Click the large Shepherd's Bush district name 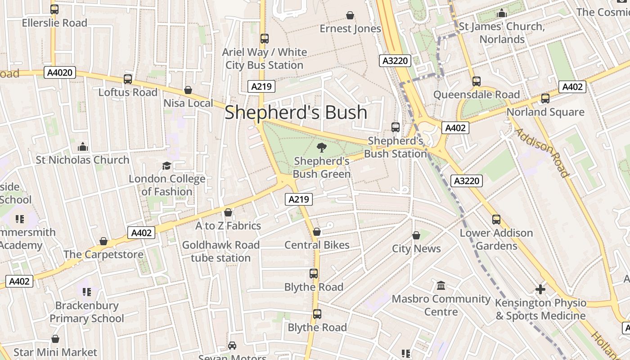(296, 112)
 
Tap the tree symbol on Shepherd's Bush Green (321, 147)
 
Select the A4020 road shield (60, 72)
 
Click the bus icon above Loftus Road (128, 79)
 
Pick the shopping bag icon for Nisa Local (188, 90)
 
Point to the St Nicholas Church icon (82, 147)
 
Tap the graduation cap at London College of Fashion (166, 166)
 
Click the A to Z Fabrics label (228, 225)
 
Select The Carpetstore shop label (103, 254)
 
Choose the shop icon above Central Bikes (317, 232)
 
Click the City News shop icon (416, 235)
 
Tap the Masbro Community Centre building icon (441, 286)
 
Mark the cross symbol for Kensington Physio (540, 289)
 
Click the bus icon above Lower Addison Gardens (496, 220)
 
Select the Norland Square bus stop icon (545, 99)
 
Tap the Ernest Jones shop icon (350, 16)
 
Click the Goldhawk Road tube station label (220, 251)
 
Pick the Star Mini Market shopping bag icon (55, 339)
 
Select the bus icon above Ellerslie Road (54, 9)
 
